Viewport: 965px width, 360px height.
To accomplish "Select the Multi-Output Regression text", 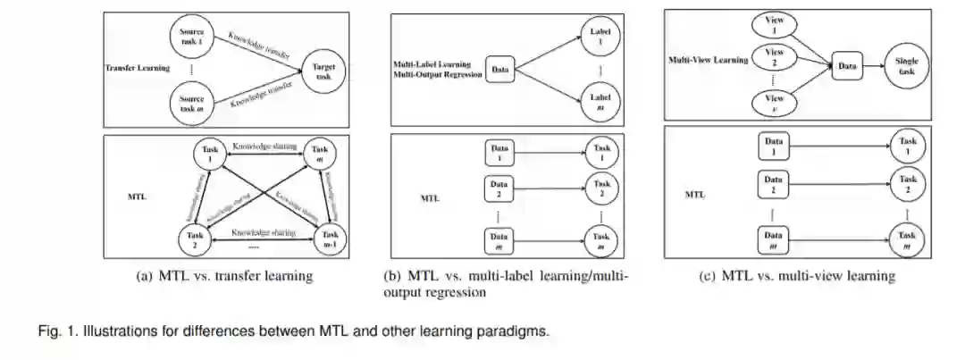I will pos(438,75).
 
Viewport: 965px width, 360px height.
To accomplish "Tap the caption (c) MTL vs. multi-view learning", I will pos(796,276).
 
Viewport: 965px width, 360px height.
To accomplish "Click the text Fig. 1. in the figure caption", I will pos(57,331).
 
